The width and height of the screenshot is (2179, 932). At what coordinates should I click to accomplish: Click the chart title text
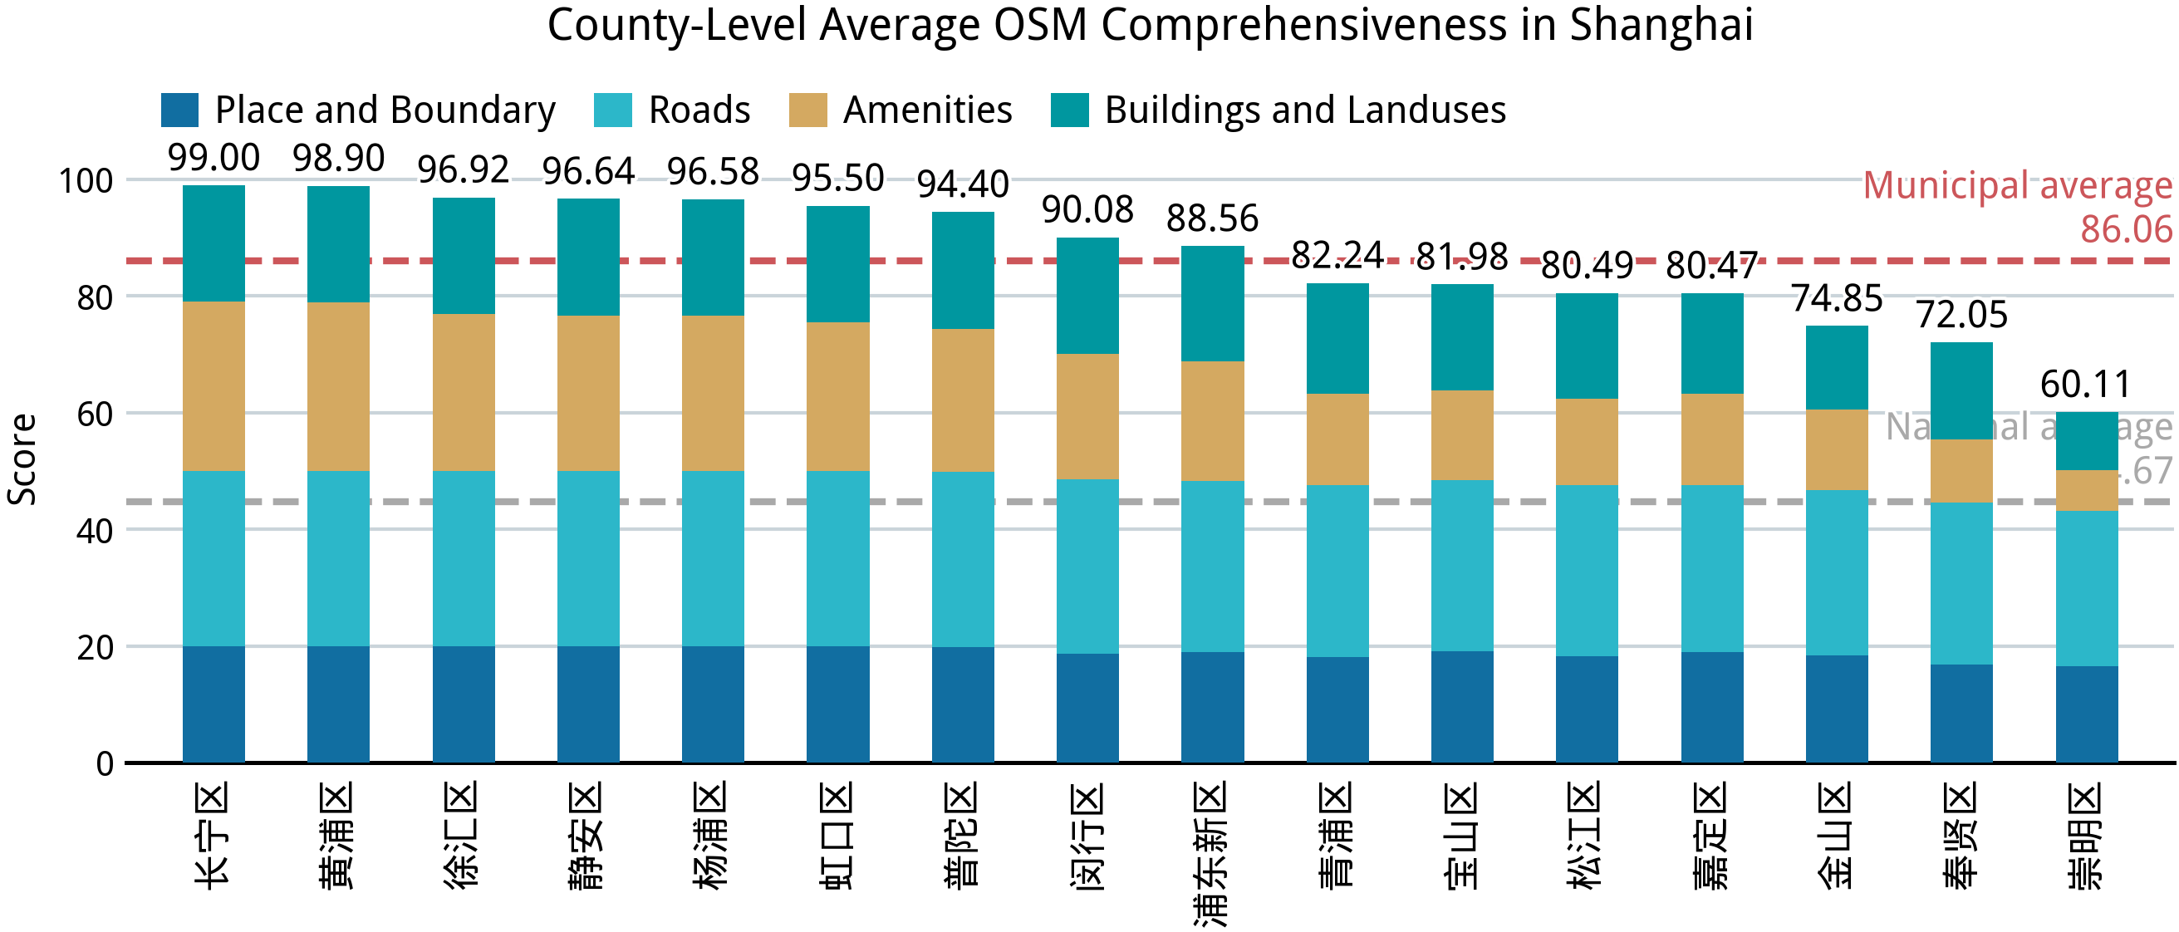coord(1150,26)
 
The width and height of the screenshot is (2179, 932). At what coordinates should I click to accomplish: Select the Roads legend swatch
coord(612,110)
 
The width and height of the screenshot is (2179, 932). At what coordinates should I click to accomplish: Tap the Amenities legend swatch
coord(807,110)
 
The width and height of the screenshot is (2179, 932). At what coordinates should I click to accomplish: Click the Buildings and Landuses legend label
coord(1304,110)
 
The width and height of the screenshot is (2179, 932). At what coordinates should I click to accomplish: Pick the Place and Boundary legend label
coord(385,110)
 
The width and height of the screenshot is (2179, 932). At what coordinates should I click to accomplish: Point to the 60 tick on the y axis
coord(94,414)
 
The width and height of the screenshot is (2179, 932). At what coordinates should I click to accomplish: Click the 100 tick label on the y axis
coord(86,181)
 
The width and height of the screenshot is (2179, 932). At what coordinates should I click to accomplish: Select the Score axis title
coord(22,459)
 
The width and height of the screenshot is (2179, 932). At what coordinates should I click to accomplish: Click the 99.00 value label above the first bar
coord(213,157)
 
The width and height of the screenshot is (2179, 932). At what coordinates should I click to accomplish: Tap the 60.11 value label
coord(2085,385)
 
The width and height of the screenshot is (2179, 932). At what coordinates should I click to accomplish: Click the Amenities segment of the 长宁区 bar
coord(213,385)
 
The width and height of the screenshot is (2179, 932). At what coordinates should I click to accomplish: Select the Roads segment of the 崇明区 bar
coord(2086,588)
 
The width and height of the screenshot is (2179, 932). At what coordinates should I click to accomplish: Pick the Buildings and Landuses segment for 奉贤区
coord(1961,390)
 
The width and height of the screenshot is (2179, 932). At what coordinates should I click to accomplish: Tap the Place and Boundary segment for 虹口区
coord(837,704)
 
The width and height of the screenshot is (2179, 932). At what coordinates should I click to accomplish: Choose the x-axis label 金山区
coord(1836,835)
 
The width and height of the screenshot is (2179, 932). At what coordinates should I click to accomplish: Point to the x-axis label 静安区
coord(587,835)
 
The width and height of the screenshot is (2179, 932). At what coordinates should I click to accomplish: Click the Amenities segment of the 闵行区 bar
coord(1087,416)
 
